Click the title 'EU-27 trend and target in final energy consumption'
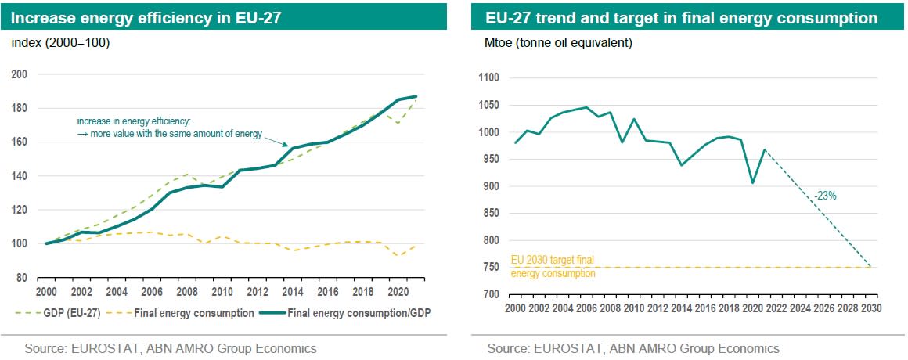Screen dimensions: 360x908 point(681,18)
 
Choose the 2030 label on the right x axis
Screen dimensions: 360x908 point(871,308)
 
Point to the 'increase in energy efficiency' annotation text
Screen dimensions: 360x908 point(169,128)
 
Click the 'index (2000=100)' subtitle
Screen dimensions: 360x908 point(60,43)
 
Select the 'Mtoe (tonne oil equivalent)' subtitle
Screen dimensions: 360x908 point(559,43)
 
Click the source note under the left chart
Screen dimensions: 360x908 point(171,348)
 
